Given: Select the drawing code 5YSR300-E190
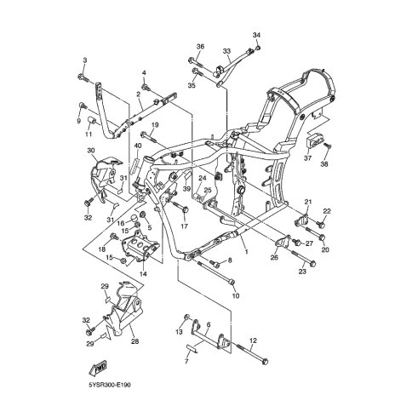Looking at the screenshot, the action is pyautogui.click(x=110, y=386).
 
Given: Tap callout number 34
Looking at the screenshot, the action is pyautogui.click(x=256, y=35).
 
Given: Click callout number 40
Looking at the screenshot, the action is pyautogui.click(x=138, y=146).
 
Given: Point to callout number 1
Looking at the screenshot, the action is pyautogui.click(x=246, y=251).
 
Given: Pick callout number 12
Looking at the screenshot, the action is pyautogui.click(x=253, y=340).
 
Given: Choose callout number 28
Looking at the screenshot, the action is pyautogui.click(x=135, y=341).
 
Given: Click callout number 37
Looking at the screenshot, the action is pyautogui.click(x=308, y=158).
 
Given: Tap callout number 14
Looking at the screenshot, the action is pyautogui.click(x=143, y=274).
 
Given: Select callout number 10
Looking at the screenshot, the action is pyautogui.click(x=236, y=296).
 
